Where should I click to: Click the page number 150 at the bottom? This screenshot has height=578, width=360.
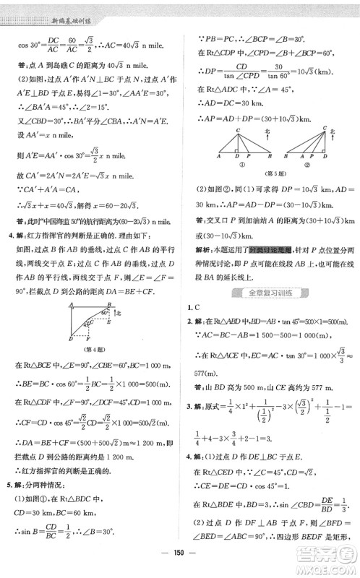click(x=180, y=563)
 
